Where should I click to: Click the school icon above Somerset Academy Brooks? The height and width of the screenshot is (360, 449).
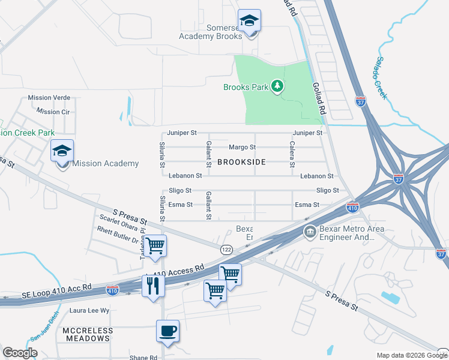(x=249, y=21)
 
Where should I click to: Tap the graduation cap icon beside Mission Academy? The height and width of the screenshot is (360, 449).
(x=62, y=151)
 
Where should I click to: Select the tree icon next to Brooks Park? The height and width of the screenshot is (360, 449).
(x=277, y=87)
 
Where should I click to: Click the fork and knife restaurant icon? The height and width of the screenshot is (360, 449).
(x=152, y=285)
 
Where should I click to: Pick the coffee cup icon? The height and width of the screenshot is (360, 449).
(x=167, y=331)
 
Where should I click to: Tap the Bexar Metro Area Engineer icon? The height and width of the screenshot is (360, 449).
(x=310, y=232)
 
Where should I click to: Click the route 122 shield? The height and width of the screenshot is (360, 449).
(x=226, y=249)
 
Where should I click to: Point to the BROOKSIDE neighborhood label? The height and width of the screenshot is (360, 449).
(x=241, y=162)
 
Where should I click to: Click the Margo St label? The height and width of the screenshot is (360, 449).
(x=243, y=147)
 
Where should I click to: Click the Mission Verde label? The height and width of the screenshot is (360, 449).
(x=49, y=97)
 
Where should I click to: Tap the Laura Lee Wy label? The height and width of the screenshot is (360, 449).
(x=90, y=311)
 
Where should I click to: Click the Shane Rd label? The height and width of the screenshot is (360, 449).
(x=143, y=358)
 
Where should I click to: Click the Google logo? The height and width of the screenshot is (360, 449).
(x=20, y=353)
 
